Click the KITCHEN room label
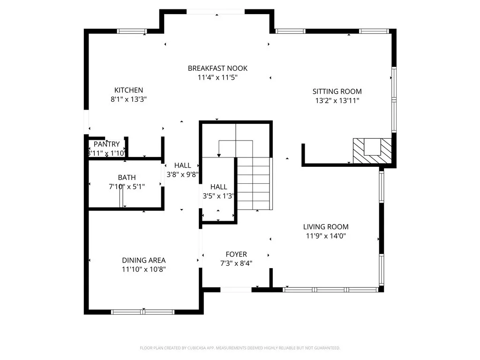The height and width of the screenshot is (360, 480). coord(128,90)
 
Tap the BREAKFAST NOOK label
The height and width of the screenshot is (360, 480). coord(217,68)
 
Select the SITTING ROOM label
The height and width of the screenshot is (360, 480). coord(337,91)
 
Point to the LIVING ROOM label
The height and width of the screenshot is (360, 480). coord(325,227)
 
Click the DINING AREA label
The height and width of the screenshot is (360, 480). coord(143,260)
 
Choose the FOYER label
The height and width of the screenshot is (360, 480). coord(236,254)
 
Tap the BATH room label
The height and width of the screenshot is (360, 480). coord(127,177)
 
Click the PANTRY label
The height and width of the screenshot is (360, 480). coord(106,144)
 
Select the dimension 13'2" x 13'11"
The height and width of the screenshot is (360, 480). coord(337,100)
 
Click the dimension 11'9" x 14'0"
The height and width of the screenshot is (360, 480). coord(325,236)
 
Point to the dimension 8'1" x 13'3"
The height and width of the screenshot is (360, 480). coord(128,99)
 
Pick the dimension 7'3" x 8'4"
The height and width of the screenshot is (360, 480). coord(236,263)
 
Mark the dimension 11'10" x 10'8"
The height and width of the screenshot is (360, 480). coord(143,269)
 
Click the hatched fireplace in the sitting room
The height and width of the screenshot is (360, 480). coord(372,150)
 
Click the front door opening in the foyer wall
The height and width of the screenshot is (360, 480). coord(236,290)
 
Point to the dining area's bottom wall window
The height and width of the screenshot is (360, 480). coord(142,312)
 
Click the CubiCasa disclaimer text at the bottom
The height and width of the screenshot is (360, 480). coord(240,348)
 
